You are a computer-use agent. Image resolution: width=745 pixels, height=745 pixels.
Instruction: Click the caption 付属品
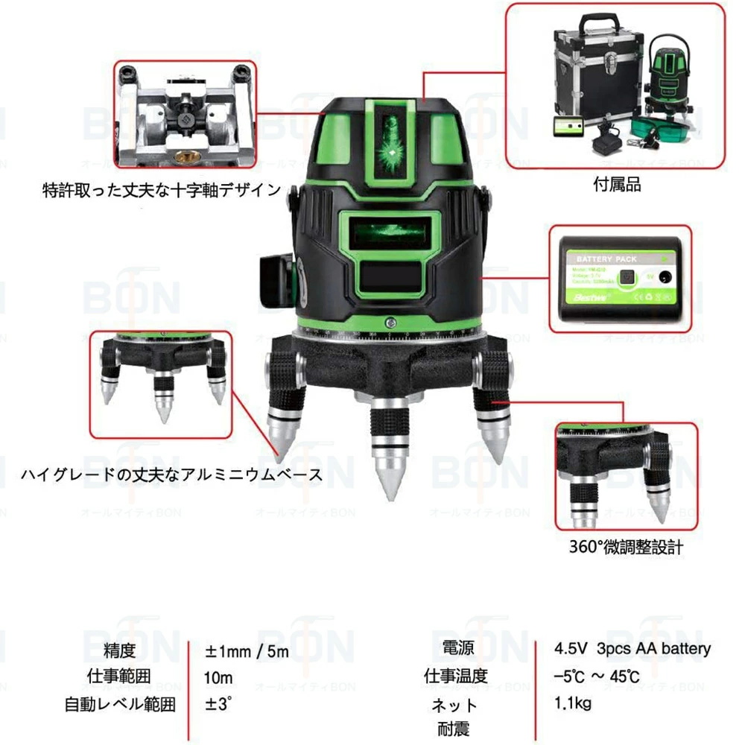click(618, 185)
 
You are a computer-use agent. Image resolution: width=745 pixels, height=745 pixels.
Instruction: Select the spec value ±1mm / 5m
click(247, 651)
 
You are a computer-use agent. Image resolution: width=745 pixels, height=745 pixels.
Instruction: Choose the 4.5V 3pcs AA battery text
click(633, 648)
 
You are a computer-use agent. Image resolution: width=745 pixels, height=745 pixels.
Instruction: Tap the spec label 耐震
click(453, 728)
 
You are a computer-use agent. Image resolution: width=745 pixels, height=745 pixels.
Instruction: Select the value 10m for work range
click(219, 677)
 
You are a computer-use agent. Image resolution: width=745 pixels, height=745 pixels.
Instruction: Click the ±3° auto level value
click(219, 703)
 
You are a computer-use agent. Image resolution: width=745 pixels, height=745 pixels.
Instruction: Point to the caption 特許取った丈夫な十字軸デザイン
click(162, 191)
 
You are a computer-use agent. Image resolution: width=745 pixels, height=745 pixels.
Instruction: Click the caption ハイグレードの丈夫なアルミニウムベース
click(171, 475)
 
